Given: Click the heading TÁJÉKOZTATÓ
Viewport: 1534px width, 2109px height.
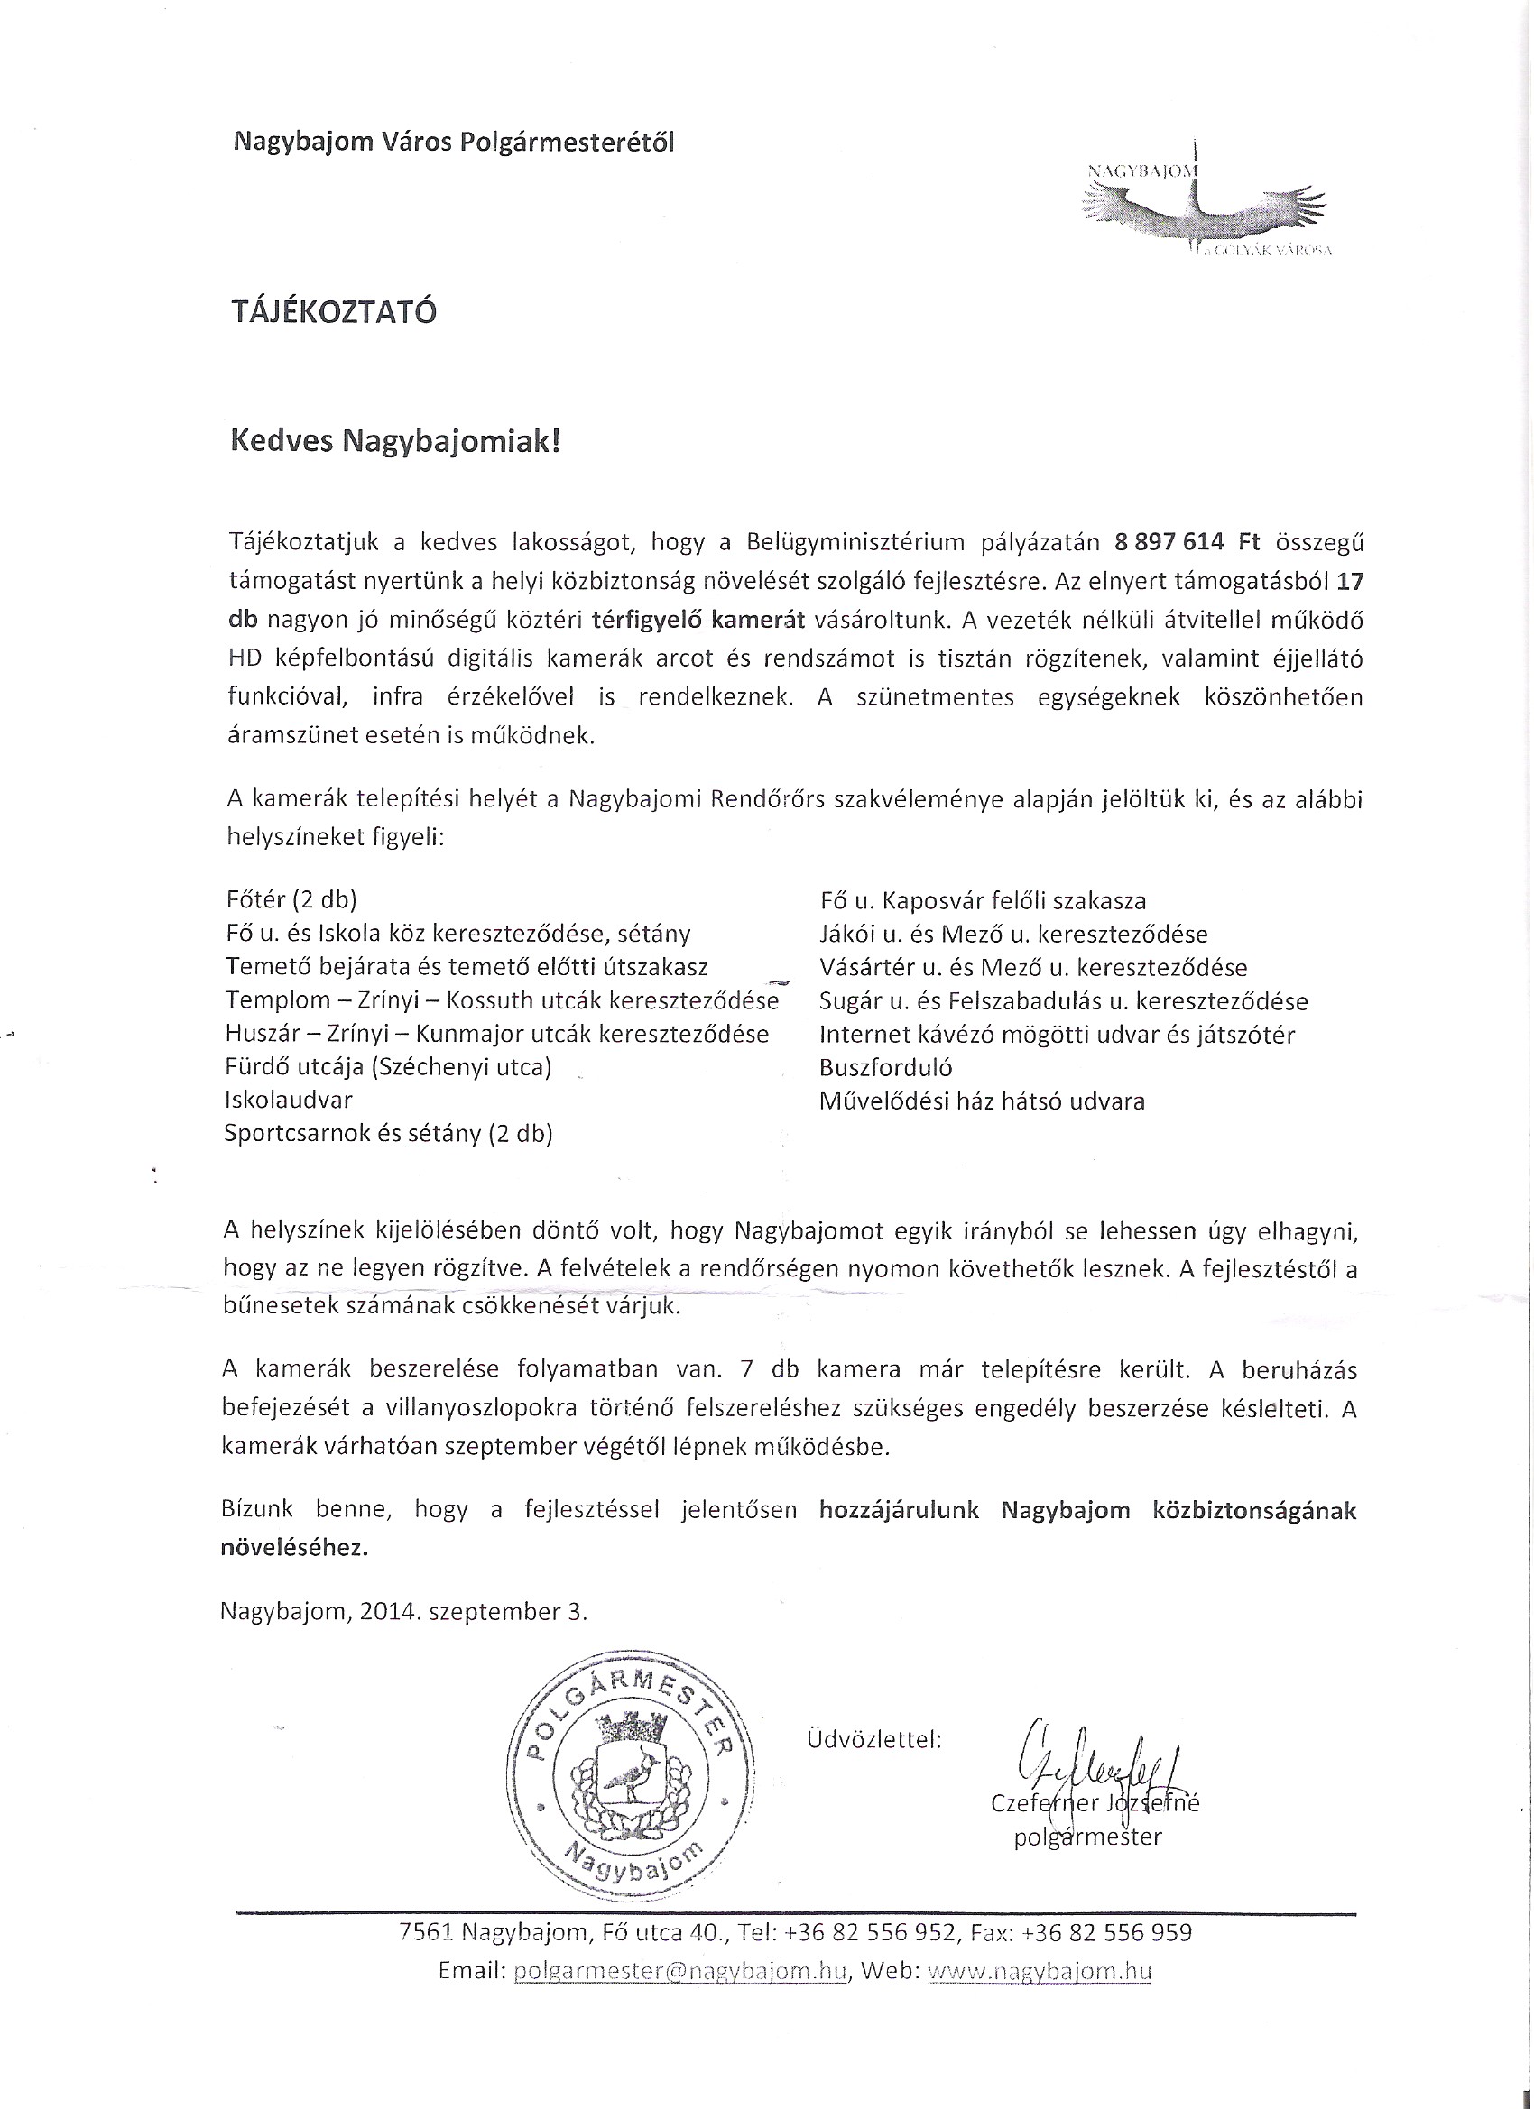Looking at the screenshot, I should [x=334, y=311].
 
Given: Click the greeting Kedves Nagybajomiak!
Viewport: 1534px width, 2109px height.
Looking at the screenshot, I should [x=395, y=441].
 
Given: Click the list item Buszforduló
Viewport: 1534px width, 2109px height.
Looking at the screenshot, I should [x=885, y=1067].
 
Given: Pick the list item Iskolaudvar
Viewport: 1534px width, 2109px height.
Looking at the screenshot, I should [x=289, y=1101].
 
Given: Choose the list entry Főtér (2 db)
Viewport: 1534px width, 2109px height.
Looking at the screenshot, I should [x=291, y=899].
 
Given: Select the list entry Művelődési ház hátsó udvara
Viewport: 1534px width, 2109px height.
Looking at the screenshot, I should [x=983, y=1101].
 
